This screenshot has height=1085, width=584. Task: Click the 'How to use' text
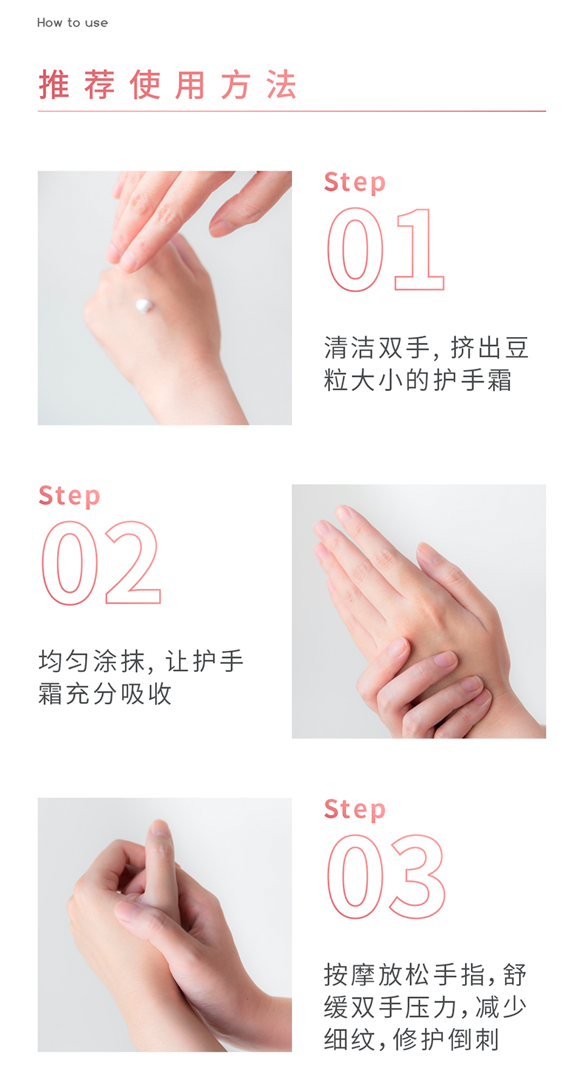72,23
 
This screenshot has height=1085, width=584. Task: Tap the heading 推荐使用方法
167,85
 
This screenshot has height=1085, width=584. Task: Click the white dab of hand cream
144,306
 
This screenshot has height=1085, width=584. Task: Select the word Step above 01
355,183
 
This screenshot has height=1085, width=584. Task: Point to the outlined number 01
386,250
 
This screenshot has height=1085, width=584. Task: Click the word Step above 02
69,497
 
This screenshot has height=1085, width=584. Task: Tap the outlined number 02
101,563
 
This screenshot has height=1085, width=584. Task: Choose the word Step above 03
355,810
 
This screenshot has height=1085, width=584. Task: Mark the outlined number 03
386,877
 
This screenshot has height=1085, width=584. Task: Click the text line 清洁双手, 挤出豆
426,348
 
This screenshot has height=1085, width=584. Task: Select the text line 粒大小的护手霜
418,380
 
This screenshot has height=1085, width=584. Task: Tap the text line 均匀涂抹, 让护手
140,661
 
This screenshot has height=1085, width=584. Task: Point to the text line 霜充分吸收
105,693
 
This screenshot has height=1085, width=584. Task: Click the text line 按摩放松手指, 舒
425,975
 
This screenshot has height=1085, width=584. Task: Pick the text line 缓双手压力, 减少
425,1007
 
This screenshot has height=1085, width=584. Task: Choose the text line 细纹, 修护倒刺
411,1039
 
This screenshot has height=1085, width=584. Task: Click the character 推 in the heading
54,85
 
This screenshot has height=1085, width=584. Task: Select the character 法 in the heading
281,85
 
